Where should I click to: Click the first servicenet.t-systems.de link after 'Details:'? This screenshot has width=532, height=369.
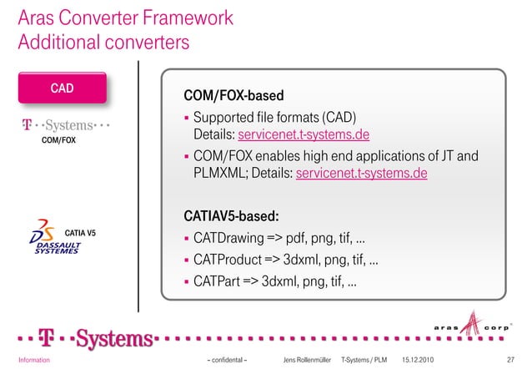[x=304, y=136]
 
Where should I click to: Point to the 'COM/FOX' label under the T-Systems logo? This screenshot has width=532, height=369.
[x=58, y=140]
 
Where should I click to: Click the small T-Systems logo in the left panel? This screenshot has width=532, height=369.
[x=66, y=126]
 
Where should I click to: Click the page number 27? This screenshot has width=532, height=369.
[x=510, y=360]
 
